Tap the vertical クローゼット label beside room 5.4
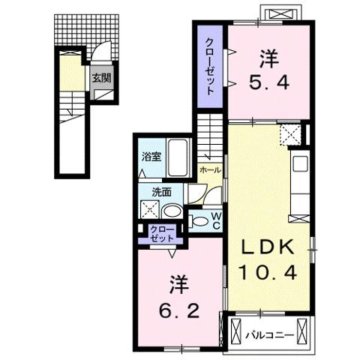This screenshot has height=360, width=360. (x=210, y=66)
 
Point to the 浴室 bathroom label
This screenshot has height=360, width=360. (x=151, y=157)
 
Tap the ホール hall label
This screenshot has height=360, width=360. (x=211, y=170)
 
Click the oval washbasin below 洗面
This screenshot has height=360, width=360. (x=170, y=211)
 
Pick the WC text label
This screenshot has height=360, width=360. (x=215, y=220)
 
